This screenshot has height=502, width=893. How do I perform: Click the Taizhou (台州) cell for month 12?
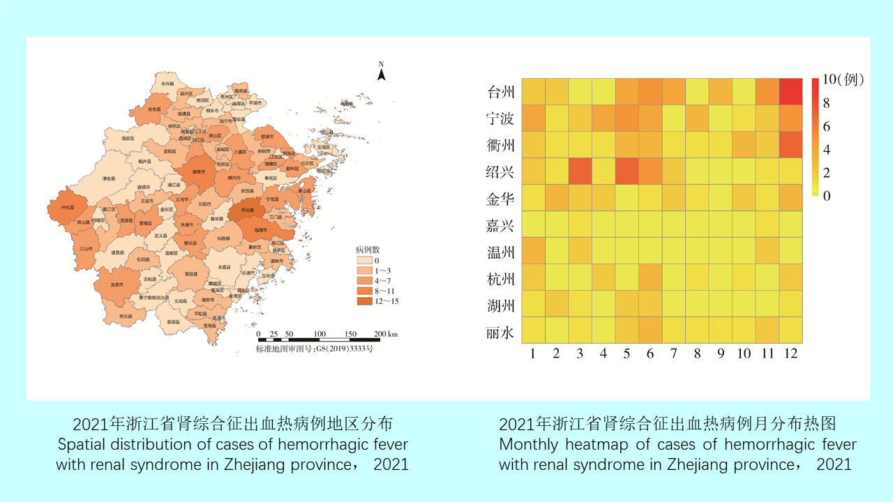pos(790,92)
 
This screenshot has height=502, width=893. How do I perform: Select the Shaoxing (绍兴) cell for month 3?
pos(580,172)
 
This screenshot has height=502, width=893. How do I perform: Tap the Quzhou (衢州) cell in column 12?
pos(790,145)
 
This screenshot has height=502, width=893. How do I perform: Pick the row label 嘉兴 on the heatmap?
pos(500,225)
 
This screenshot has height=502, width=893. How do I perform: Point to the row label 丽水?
pos(500,332)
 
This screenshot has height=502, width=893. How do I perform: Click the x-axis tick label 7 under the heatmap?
pos(674,354)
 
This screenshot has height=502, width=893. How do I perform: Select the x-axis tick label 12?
pos(790,354)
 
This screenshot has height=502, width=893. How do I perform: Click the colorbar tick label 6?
pos(827,126)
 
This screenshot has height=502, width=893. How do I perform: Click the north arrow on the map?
pos(382,72)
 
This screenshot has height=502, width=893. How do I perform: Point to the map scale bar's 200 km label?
pos(385,335)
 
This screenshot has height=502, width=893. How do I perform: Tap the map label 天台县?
pos(248,209)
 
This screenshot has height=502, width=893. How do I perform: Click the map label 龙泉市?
pos(117,284)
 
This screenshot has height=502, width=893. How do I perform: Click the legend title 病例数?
pos(368,249)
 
